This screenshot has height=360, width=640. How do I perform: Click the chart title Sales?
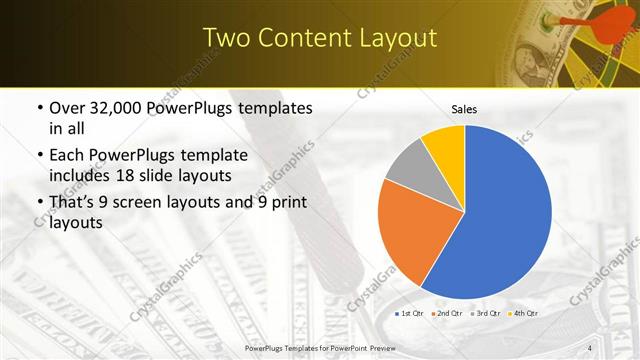tap(464, 108)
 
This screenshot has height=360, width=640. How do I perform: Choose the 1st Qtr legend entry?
tap(409, 314)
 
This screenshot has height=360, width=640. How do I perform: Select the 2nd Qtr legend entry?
tap(445, 314)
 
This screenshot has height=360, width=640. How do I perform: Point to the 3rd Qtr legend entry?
tap(483, 314)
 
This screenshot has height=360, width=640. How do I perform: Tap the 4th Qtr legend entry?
tap(520, 314)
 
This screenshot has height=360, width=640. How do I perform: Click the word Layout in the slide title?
tap(399, 38)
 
